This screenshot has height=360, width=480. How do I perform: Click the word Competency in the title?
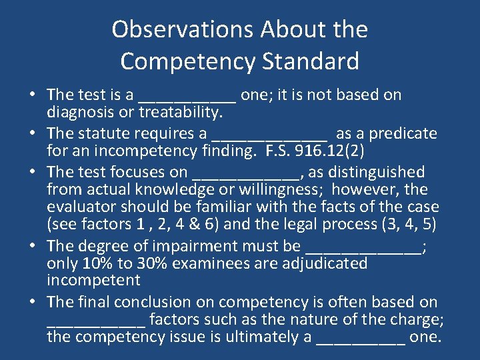188,61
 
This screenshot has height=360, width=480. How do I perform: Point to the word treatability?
179,111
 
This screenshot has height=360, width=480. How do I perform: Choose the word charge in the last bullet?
419,319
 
